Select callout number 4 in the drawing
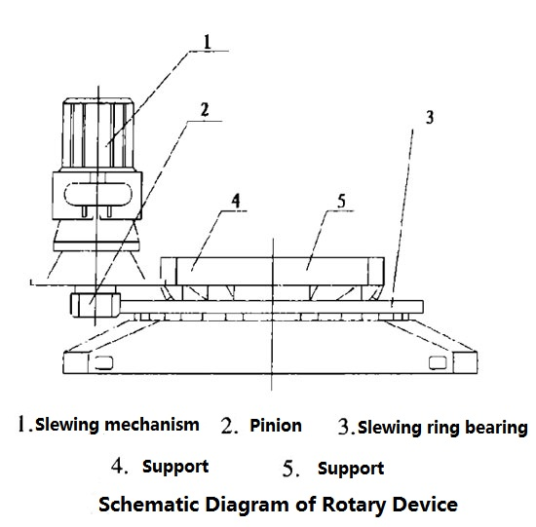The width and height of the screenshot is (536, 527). pos(236,204)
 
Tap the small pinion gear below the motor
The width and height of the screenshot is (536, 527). pos(88,305)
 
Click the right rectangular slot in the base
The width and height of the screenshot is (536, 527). pos(437,363)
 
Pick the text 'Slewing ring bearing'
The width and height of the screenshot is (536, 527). pos(442,427)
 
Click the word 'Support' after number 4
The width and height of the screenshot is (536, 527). pos(175,467)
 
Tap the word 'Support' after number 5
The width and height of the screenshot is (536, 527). pos(351,468)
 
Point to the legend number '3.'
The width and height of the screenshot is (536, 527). pos(345,426)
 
